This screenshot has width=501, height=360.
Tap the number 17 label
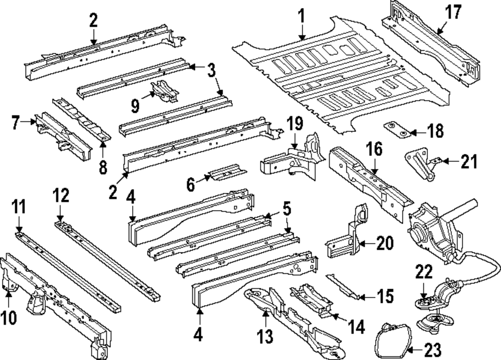(453, 13)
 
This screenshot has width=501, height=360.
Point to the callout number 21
(468, 161)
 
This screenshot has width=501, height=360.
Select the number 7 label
(16, 122)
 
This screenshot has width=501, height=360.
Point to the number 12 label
(61, 198)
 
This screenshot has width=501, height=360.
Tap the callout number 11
(19, 207)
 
